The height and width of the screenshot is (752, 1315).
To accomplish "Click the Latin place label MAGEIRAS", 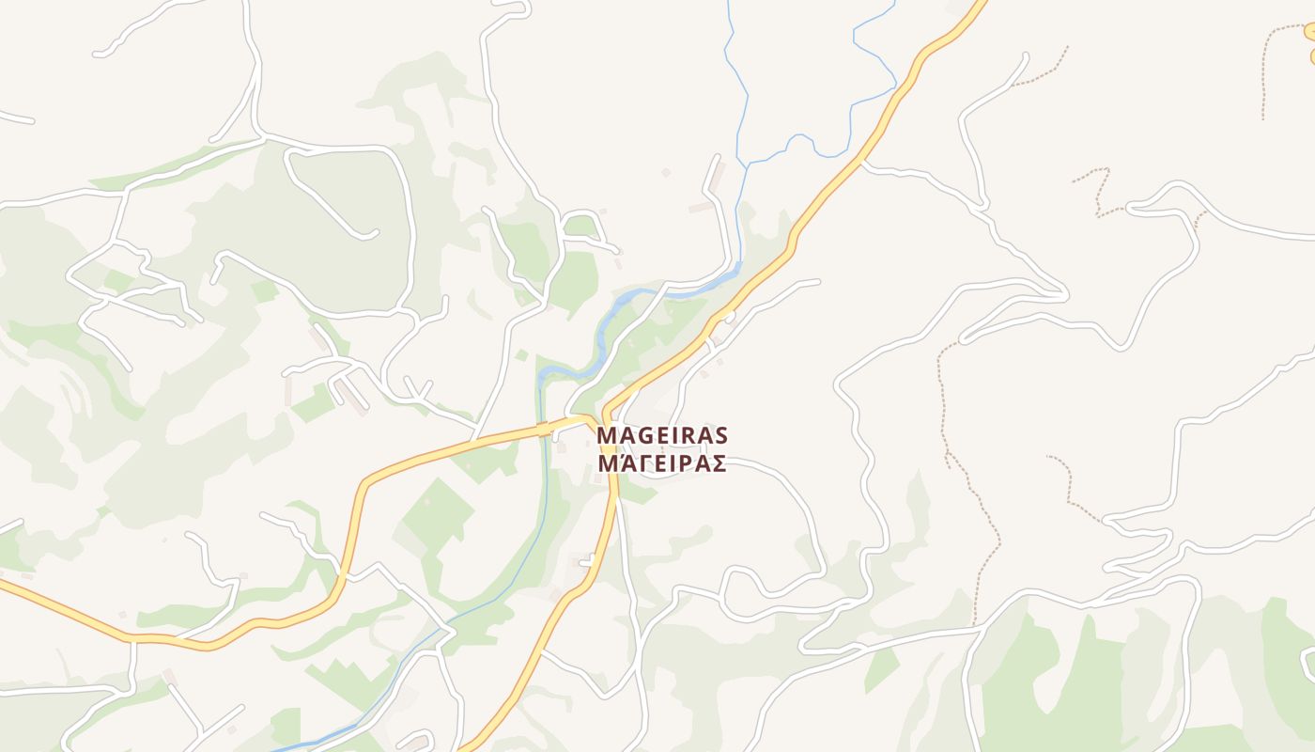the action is tap(662, 436).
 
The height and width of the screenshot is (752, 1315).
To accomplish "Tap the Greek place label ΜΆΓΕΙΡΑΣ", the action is tap(662, 463).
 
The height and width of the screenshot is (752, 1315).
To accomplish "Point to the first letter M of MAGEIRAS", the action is tap(606, 436).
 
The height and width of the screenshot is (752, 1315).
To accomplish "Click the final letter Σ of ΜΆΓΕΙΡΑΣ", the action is tap(719, 463).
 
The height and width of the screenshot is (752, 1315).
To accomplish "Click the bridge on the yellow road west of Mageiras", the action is tap(543, 429).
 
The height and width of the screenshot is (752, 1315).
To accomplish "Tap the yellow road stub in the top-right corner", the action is tap(1309, 32).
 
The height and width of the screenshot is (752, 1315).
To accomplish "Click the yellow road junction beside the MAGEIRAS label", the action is tap(604, 419).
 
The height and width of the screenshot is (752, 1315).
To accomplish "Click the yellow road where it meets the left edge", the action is tap(5, 585).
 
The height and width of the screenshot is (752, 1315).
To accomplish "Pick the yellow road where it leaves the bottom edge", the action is tap(466, 746).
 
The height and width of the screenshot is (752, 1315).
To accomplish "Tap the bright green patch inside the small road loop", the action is tap(580, 227).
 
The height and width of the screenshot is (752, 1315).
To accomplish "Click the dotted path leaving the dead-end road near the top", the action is tap(1043, 71).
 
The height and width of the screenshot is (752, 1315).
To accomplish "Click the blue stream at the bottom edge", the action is tap(282, 748).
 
